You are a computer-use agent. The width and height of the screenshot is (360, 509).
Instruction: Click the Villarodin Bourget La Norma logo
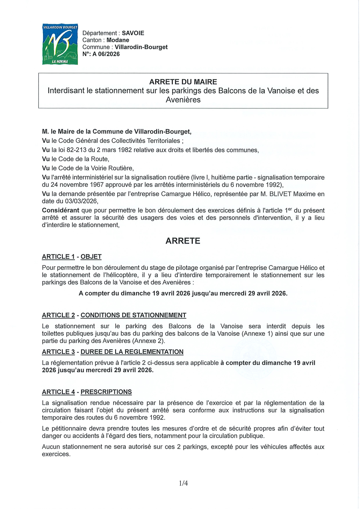60,44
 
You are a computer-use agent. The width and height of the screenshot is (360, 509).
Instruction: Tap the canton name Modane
118,40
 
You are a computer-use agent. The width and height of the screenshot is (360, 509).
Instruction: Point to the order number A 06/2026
106,54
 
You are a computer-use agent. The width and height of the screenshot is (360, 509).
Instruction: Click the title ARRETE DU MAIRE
183,82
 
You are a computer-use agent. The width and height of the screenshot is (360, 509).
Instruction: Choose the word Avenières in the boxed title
183,100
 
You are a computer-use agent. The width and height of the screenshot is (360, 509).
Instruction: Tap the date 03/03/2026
83,201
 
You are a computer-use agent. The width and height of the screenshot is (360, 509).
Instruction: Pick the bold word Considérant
60,210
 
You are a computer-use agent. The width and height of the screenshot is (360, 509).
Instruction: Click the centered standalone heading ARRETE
183,241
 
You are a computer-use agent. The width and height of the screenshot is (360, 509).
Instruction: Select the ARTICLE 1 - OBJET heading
72,257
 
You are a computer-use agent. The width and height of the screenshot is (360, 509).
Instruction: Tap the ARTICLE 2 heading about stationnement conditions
114,315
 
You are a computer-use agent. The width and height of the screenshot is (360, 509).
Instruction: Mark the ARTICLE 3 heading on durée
112,352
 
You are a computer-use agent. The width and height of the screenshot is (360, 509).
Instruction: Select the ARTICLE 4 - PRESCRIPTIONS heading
87,392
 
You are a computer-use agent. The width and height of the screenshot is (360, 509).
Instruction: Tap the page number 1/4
184,483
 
